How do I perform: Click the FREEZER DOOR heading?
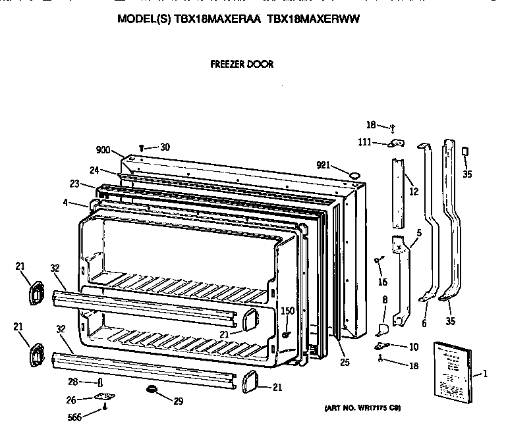click(x=241, y=64)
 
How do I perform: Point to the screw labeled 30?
click(x=142, y=148)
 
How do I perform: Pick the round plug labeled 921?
click(x=354, y=175)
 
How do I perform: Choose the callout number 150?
click(x=287, y=310)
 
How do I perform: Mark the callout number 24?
click(x=94, y=170)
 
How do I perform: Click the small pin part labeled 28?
click(x=99, y=382)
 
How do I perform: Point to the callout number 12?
click(x=414, y=192)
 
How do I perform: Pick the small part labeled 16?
click(x=378, y=259)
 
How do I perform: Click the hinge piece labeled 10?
click(x=380, y=346)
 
